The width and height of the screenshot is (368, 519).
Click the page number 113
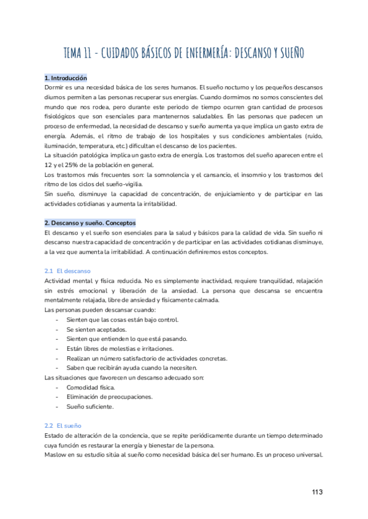tap(317, 492)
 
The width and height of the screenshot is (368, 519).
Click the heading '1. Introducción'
tap(66, 78)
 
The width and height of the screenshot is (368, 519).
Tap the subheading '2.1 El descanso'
tap(67, 271)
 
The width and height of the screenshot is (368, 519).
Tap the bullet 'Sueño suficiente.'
tap(90, 407)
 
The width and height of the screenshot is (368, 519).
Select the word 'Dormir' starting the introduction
tap(55, 88)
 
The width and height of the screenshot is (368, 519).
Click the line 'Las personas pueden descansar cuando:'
tap(101, 310)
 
